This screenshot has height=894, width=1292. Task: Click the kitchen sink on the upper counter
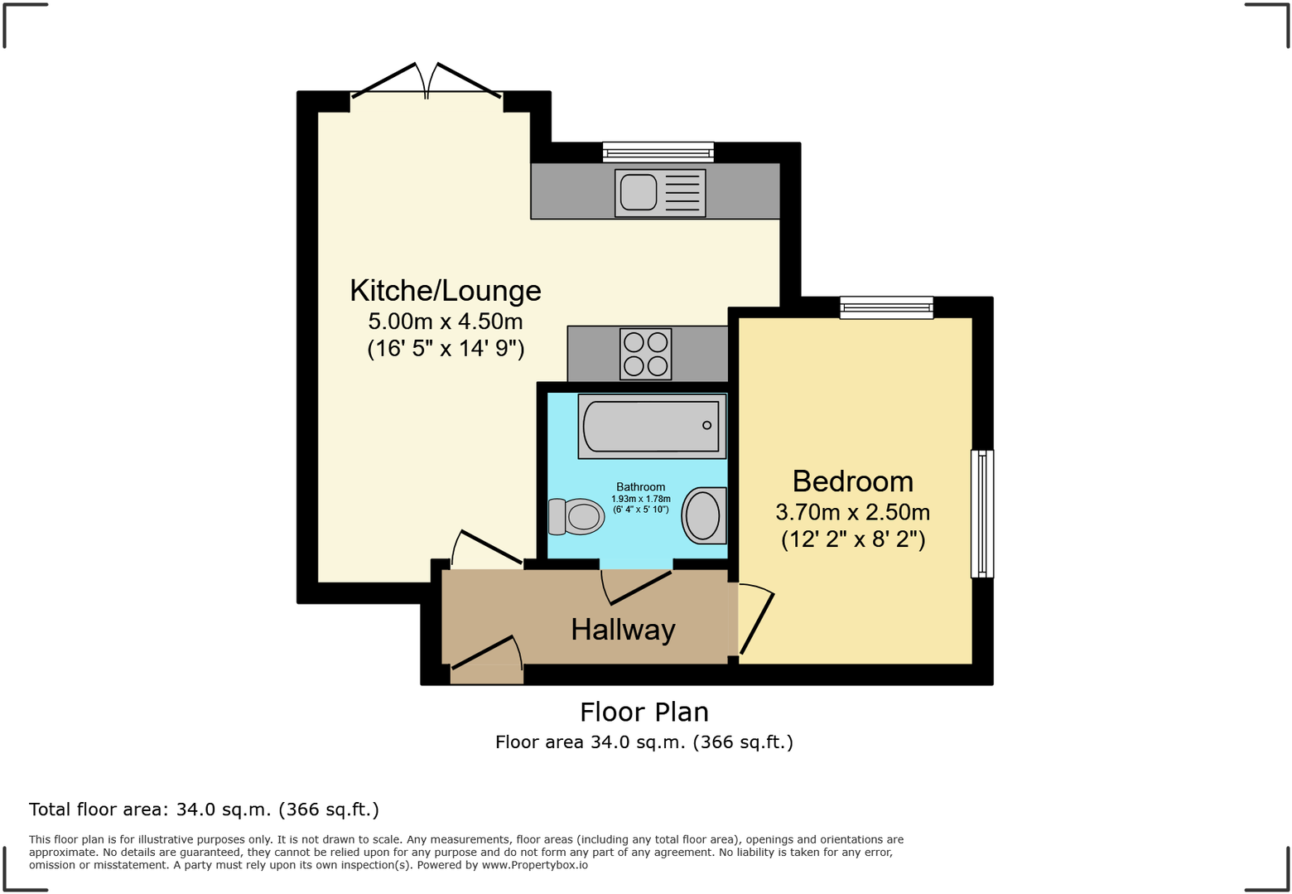660,193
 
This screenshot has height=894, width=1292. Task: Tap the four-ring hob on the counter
646,354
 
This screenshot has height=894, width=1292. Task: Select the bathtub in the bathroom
652,427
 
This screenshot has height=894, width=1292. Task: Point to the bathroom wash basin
703,515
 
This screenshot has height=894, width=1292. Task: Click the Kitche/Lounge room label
446,291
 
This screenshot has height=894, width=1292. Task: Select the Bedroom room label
852,481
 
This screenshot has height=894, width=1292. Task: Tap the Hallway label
623,630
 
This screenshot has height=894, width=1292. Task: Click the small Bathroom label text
640,487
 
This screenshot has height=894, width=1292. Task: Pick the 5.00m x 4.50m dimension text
446,321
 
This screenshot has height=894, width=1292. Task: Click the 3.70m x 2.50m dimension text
852,512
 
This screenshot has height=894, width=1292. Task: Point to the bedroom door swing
754,618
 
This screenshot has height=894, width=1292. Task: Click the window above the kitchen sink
658,152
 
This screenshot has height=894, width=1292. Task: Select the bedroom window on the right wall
981,514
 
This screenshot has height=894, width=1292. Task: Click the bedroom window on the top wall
886,307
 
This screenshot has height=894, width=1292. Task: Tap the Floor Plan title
644,713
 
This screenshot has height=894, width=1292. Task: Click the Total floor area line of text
204,809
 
